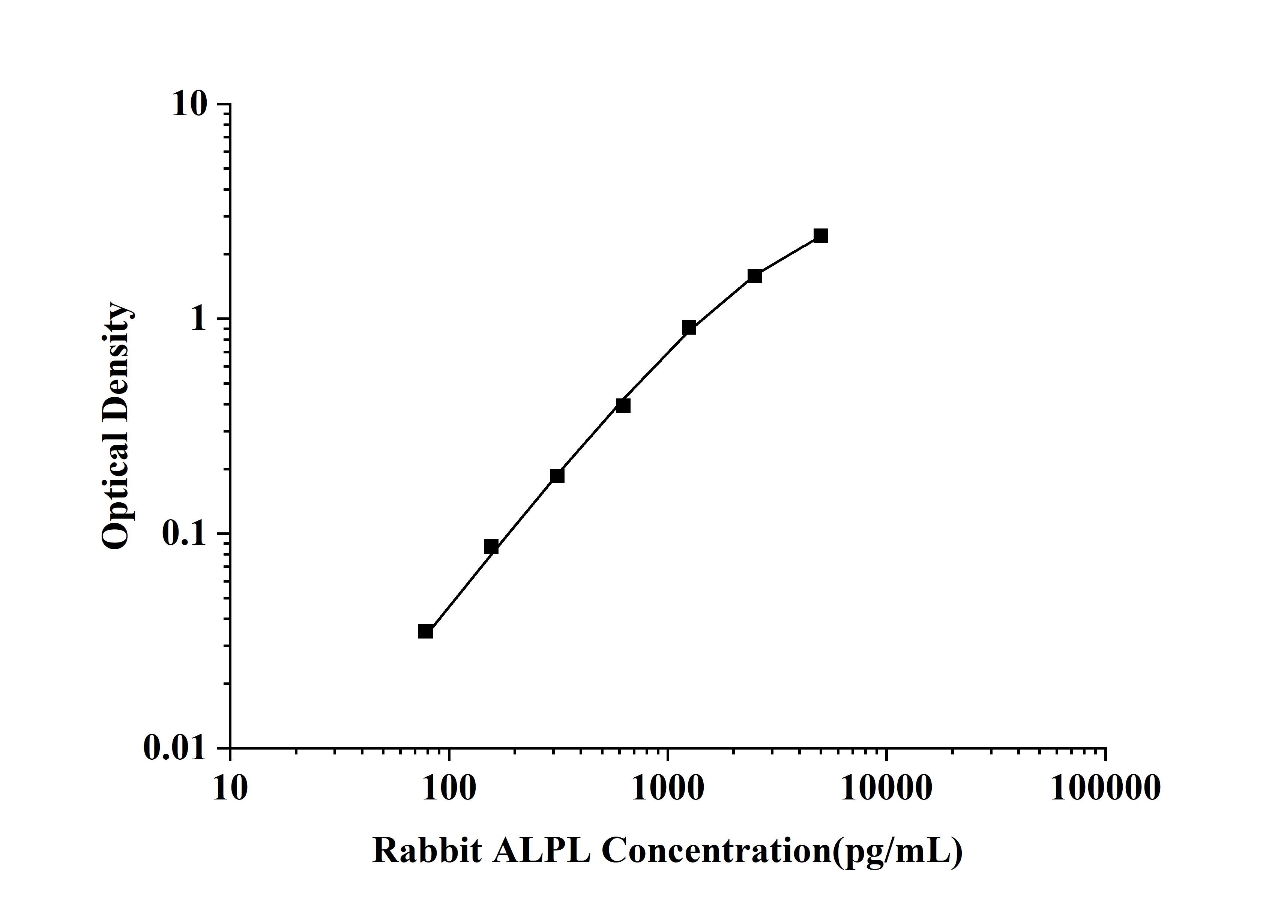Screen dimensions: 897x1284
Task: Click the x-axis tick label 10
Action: coord(230,789)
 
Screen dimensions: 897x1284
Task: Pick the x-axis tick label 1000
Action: coord(668,789)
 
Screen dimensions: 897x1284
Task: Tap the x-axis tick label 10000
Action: coord(886,789)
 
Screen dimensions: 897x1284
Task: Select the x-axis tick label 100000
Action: coord(1105,789)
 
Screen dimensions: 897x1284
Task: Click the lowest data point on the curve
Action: coord(426,631)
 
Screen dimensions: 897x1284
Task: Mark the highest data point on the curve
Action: coord(820,236)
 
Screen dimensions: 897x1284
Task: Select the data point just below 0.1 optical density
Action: coord(491,546)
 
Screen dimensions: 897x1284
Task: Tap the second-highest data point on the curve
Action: coord(754,276)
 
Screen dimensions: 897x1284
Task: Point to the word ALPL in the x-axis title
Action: coord(541,852)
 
